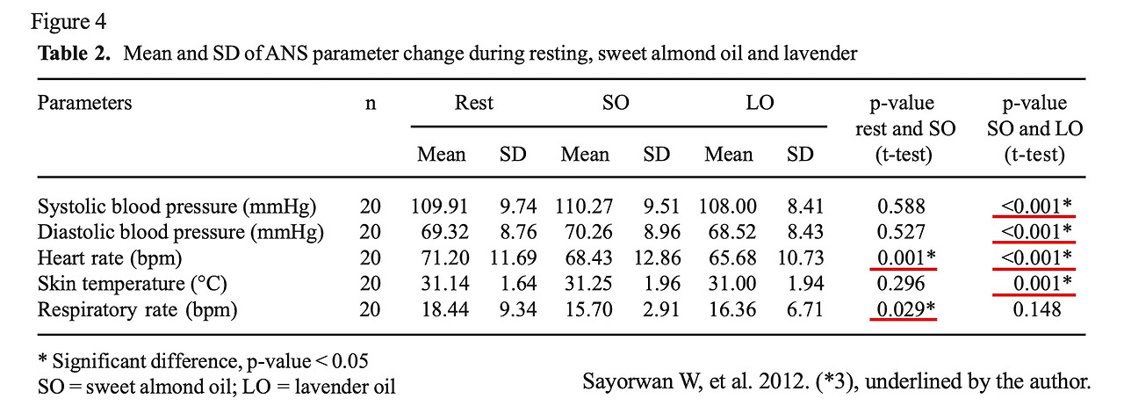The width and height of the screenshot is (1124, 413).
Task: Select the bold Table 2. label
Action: [75, 54]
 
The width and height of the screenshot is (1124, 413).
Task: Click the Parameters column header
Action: [84, 103]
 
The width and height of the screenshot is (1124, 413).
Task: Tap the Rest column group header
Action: [473, 103]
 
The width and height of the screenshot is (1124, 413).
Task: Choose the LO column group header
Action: [760, 103]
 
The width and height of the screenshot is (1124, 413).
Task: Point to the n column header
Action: [371, 103]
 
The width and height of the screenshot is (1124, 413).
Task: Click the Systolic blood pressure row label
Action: [177, 206]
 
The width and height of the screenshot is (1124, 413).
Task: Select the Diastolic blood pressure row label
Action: [180, 232]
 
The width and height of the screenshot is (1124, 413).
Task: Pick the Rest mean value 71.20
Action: [441, 257]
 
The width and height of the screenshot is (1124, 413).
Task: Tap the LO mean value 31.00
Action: [728, 284]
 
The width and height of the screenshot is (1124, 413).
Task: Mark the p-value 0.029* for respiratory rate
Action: [903, 309]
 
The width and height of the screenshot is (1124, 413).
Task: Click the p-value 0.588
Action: [901, 206]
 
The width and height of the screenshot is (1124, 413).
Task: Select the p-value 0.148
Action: [1036, 309]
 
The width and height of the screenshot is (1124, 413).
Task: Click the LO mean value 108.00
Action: [728, 206]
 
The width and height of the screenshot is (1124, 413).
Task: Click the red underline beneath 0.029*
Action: [903, 321]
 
